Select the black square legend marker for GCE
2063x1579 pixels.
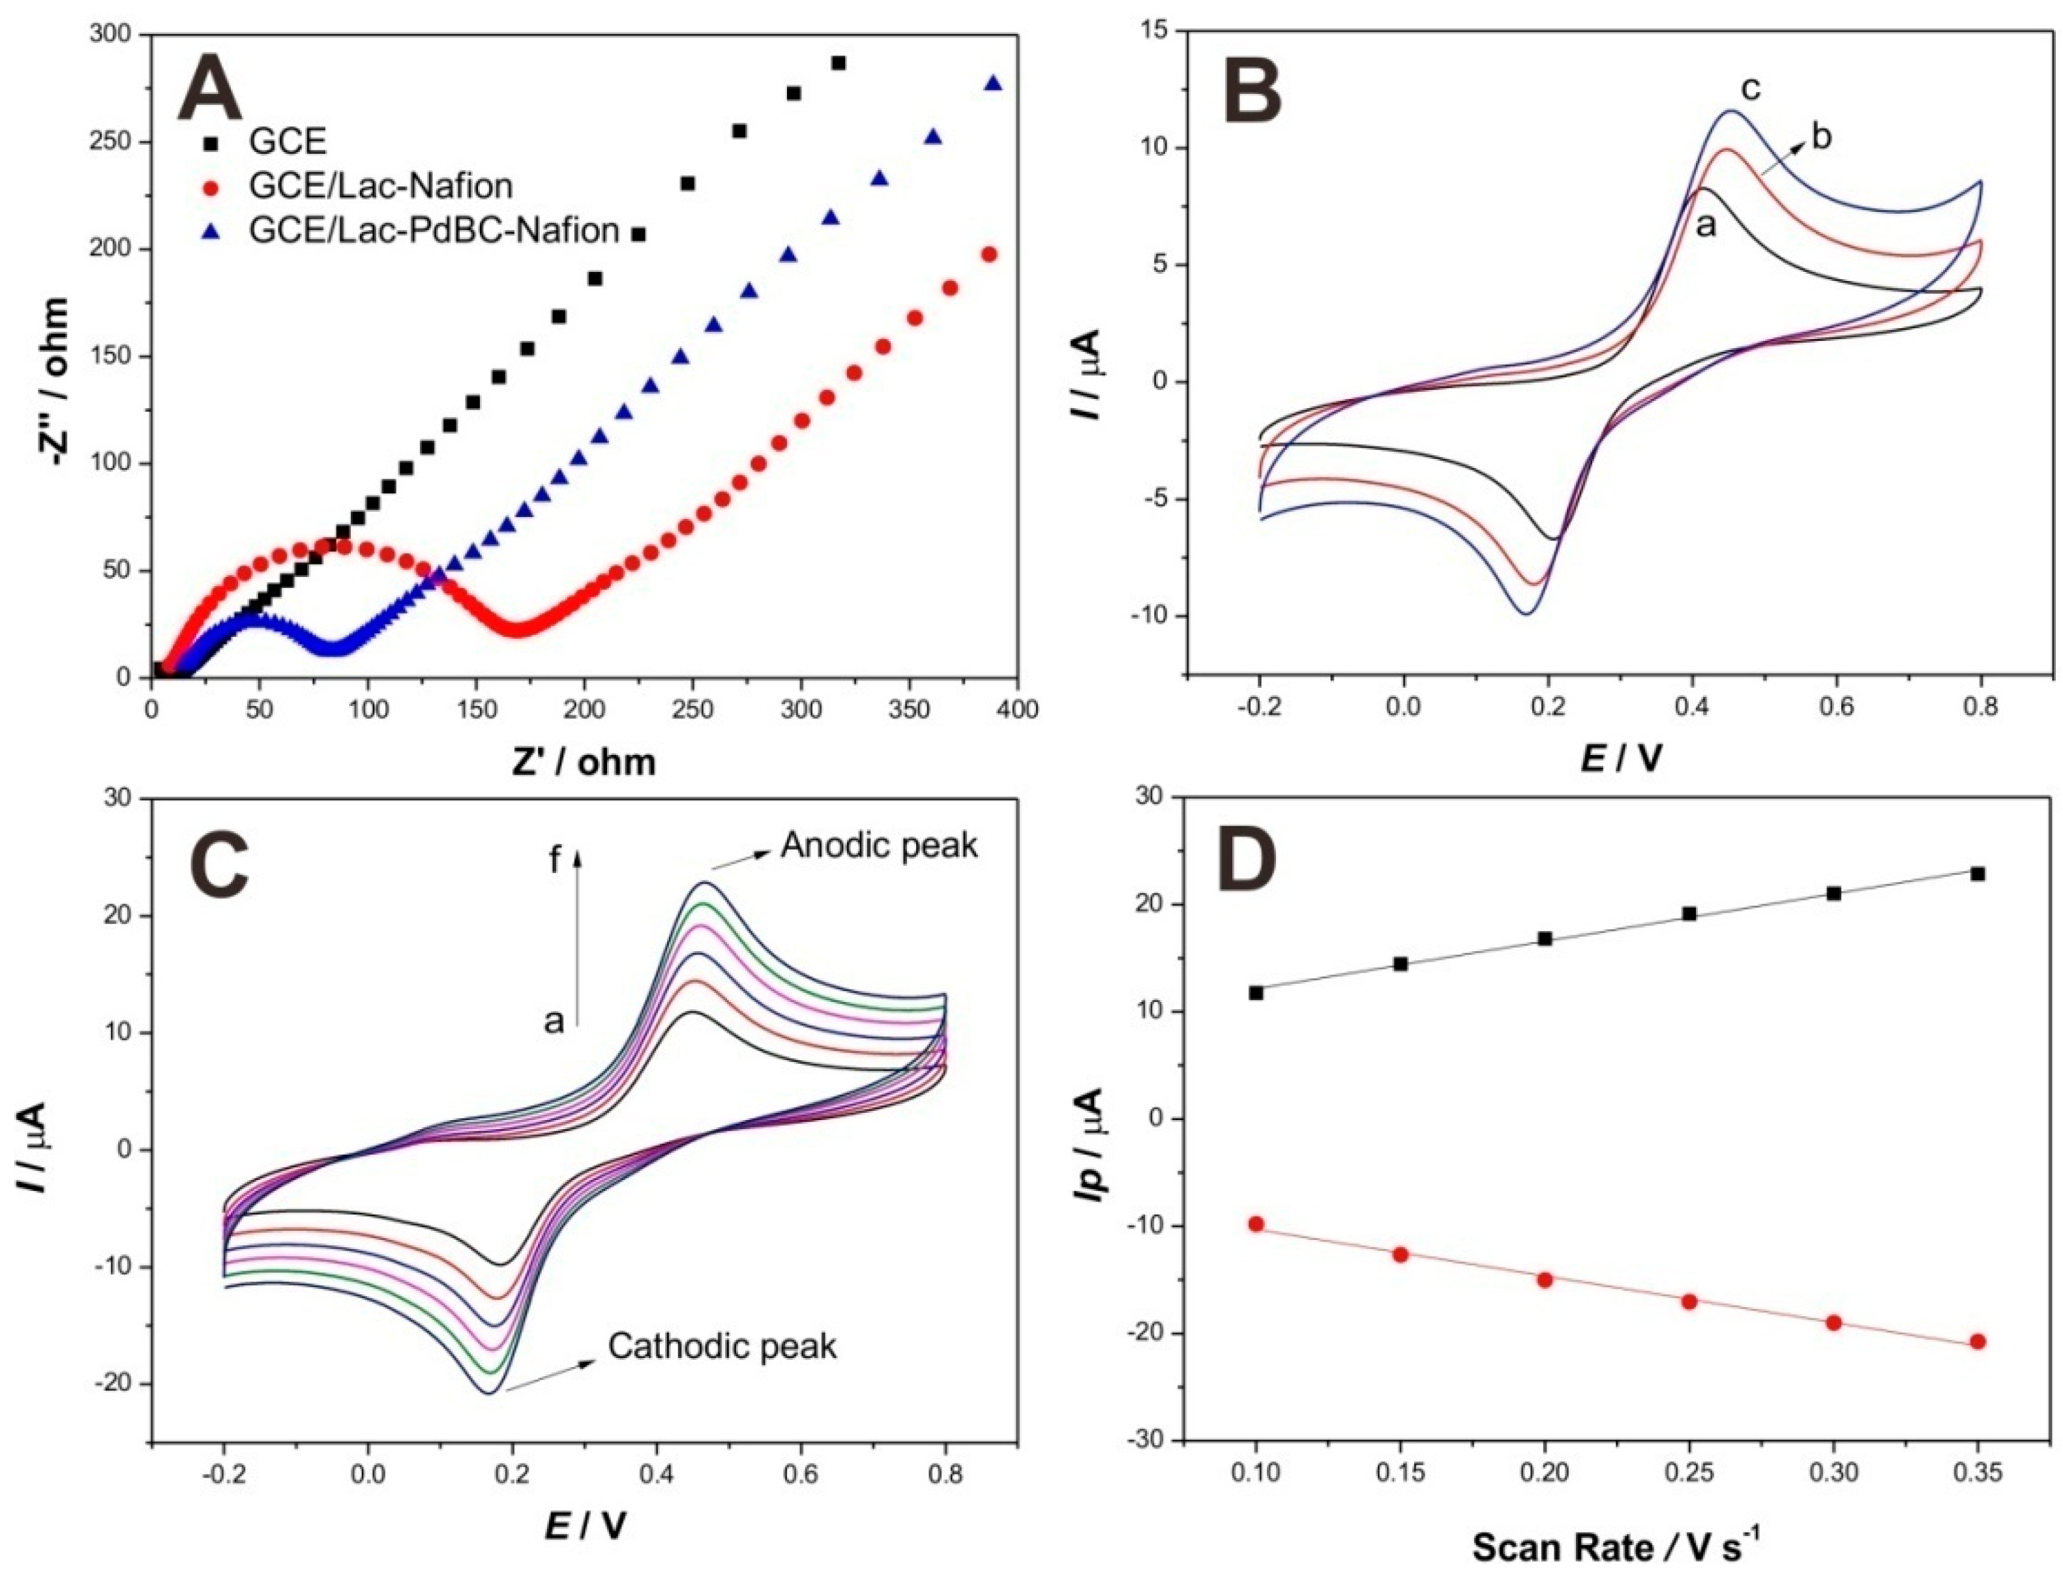coord(213,143)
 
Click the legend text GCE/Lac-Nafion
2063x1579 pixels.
coord(381,186)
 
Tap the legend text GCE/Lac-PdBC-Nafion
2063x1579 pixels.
coord(434,230)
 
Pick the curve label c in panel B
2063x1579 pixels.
coord(1750,89)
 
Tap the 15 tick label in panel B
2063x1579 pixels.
coord(1155,31)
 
